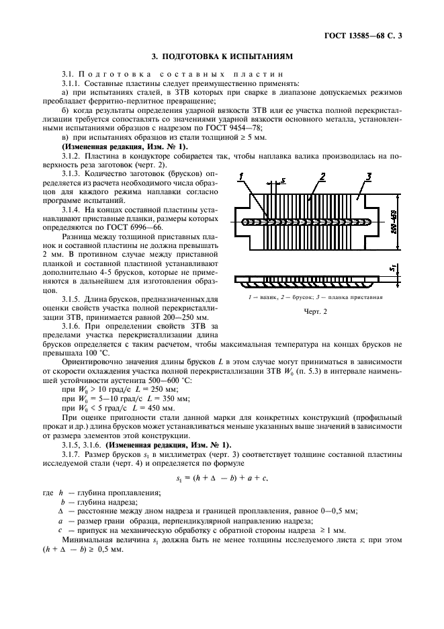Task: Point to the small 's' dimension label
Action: pyautogui.click(x=284, y=179)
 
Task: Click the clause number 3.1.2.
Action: pyautogui.click(x=73, y=155)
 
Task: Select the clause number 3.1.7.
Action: pyautogui.click(x=73, y=454)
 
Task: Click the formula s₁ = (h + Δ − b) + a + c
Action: pyautogui.click(x=222, y=478)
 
